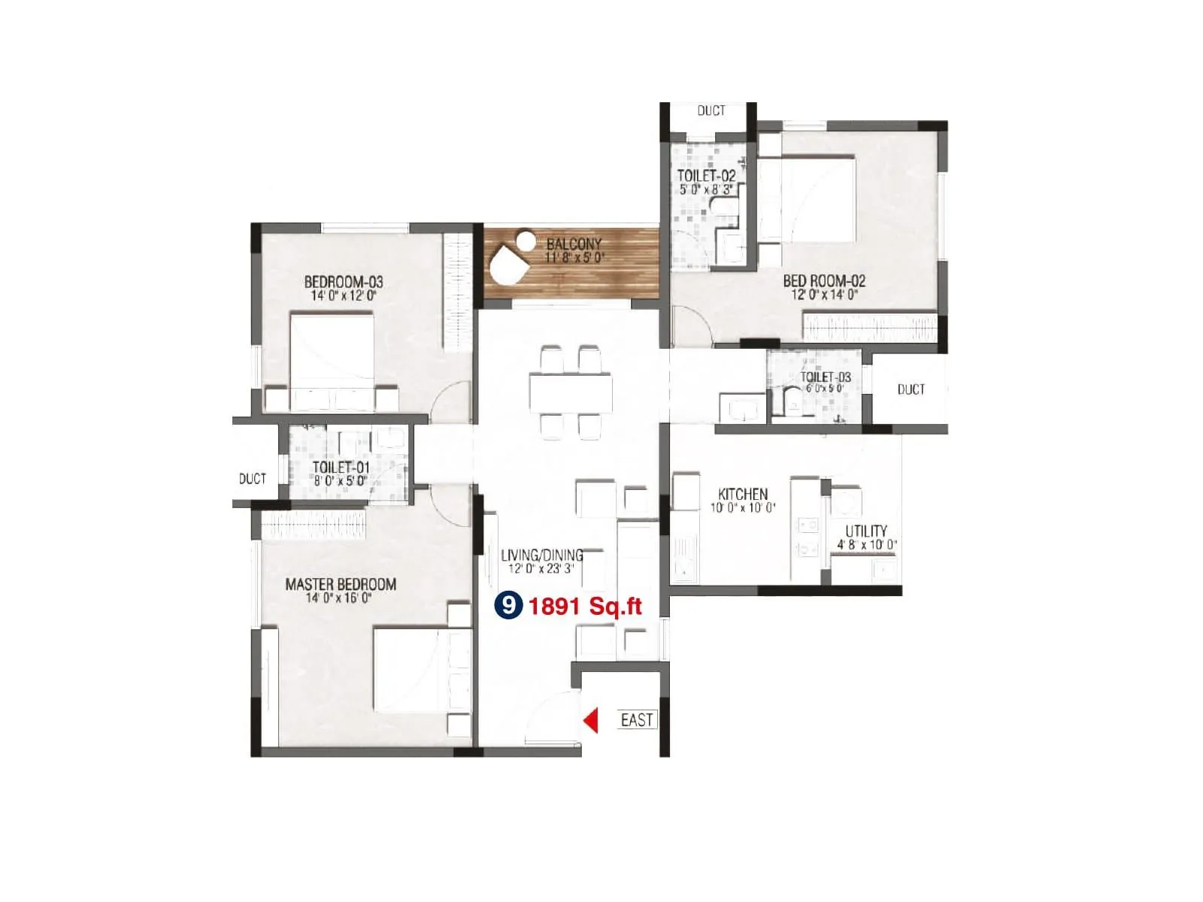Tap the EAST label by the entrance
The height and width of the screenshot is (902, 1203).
point(637,720)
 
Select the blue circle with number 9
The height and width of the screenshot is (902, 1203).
point(508,605)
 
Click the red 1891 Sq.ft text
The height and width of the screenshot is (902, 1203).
point(585,606)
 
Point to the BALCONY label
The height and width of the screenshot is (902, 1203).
point(574,244)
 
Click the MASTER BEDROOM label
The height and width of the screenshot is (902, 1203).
point(341,584)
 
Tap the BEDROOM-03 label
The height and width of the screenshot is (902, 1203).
point(344,282)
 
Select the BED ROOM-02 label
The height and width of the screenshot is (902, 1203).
point(824,280)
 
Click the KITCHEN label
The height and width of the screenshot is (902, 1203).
point(743,494)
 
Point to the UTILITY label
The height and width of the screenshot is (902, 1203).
point(866,531)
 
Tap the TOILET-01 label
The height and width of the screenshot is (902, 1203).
point(341,468)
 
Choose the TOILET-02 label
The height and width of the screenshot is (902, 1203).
point(706,176)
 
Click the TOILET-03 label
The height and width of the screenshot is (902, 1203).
point(826,377)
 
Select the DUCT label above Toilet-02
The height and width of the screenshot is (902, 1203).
point(711,111)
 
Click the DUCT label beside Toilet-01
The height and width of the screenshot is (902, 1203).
point(253,479)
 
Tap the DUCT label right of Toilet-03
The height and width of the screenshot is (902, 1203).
point(911,389)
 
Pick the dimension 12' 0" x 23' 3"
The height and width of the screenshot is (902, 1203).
point(541,569)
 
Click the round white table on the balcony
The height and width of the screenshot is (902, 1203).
point(526,241)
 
